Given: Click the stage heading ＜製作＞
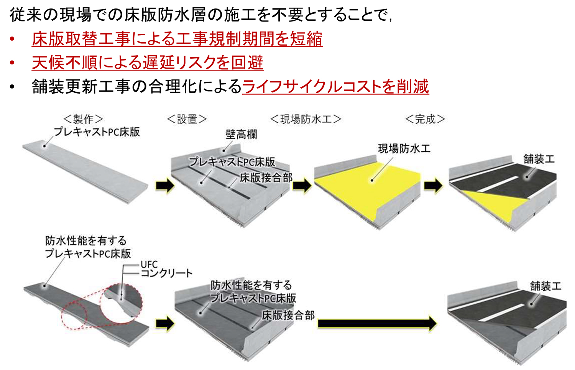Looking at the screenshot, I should (x=83, y=119).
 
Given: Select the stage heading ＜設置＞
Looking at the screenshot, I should (x=187, y=119).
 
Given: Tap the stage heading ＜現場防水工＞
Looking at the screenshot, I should (x=306, y=119).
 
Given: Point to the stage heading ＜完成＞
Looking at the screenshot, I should (x=425, y=119).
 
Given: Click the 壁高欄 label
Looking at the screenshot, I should (x=241, y=134).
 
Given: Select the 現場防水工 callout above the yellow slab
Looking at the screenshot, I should (x=404, y=148).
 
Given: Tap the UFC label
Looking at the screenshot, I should (x=149, y=264).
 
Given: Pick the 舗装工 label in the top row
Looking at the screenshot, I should (x=539, y=159).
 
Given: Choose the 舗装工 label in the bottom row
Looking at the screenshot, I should (x=545, y=286).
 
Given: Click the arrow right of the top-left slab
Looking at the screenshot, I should (x=165, y=186).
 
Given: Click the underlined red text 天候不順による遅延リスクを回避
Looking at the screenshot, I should (x=148, y=63).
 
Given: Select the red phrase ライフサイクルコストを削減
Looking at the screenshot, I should (x=335, y=87).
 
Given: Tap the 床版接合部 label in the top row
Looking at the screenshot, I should (x=266, y=178).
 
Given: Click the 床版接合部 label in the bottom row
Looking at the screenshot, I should (x=288, y=315).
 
